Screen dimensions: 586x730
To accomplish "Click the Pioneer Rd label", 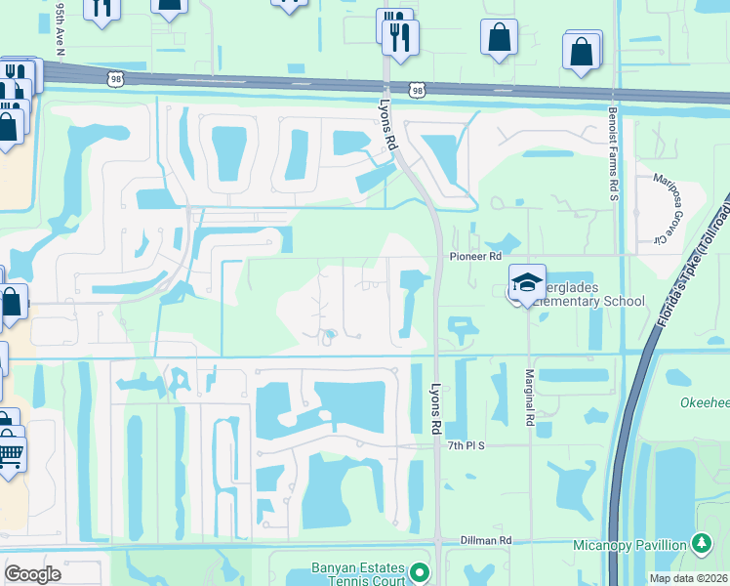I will coord(475,256).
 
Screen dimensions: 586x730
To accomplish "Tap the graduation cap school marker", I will coord(527,282).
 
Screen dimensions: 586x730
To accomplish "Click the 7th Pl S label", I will coord(466,445).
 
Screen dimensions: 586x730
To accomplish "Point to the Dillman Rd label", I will coord(492,540).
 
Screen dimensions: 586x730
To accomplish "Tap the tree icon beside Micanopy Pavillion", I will coord(701,542).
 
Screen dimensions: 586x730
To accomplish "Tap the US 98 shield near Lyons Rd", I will coord(418,90).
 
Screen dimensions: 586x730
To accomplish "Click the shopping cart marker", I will coord(10,453).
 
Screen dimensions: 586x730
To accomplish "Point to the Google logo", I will coord(33,574).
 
